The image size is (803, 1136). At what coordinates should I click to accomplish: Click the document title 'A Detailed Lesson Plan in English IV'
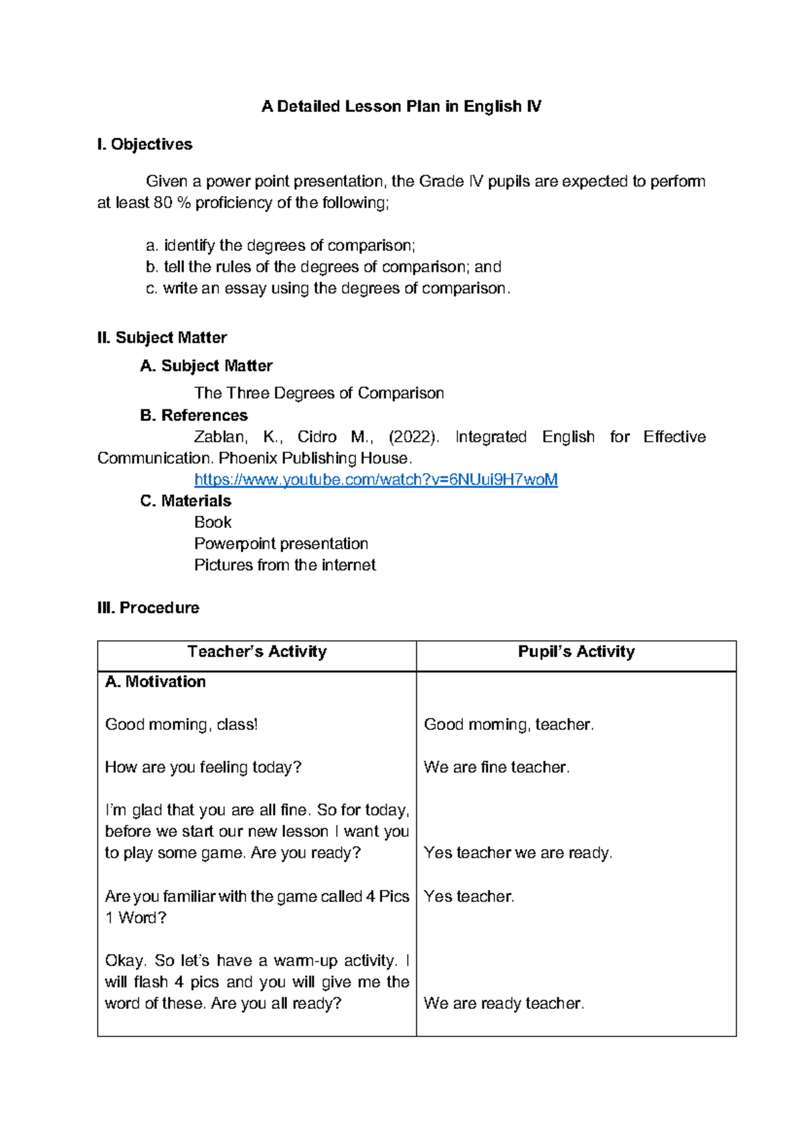coord(401,106)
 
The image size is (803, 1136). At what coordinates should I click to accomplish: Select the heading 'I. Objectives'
coord(145,145)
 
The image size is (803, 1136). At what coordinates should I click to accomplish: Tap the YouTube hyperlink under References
coord(375,480)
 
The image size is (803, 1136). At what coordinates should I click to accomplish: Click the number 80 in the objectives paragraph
coord(163,203)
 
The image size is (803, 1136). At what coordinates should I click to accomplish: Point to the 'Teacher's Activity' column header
coord(257,652)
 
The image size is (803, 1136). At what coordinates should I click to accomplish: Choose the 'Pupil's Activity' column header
coord(576,652)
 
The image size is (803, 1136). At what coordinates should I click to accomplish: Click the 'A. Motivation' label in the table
coord(155,682)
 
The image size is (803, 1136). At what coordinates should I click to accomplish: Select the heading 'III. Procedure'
coord(148,607)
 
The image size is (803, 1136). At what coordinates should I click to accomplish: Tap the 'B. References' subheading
coord(194,415)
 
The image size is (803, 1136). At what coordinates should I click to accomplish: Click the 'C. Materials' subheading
coord(186,501)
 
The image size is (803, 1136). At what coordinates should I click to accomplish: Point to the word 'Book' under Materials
coord(213,523)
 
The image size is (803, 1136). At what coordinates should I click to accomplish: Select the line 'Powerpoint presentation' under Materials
coord(281,544)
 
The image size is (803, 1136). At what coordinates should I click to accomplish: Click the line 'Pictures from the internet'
coord(285,565)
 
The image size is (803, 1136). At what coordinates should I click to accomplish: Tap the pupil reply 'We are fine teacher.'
coord(497,767)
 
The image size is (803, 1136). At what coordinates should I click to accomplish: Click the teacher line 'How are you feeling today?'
coord(203,767)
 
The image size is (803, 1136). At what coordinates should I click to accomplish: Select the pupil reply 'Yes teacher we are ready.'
coord(518,853)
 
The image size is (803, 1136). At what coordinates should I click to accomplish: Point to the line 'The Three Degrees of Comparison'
coord(319,393)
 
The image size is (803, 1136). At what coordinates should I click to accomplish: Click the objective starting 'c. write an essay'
coord(328,288)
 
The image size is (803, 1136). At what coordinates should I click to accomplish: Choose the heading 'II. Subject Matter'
coord(162,338)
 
